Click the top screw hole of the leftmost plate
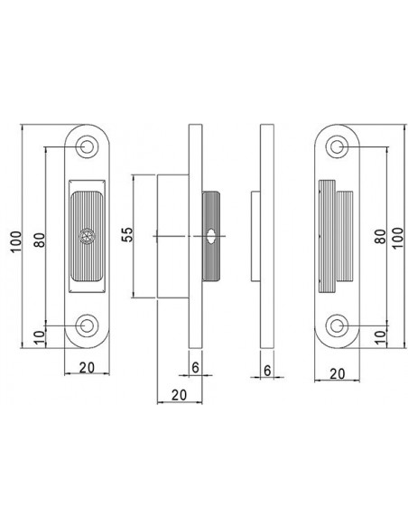(87, 146)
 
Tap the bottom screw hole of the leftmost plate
(87, 325)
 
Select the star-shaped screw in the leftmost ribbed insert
(87, 236)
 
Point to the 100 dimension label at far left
(15, 241)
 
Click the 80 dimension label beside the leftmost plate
(40, 240)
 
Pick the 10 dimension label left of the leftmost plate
(39, 338)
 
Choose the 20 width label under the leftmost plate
(87, 367)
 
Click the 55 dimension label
(127, 235)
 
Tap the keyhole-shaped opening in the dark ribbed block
(211, 236)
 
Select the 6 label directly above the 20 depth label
(195, 367)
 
